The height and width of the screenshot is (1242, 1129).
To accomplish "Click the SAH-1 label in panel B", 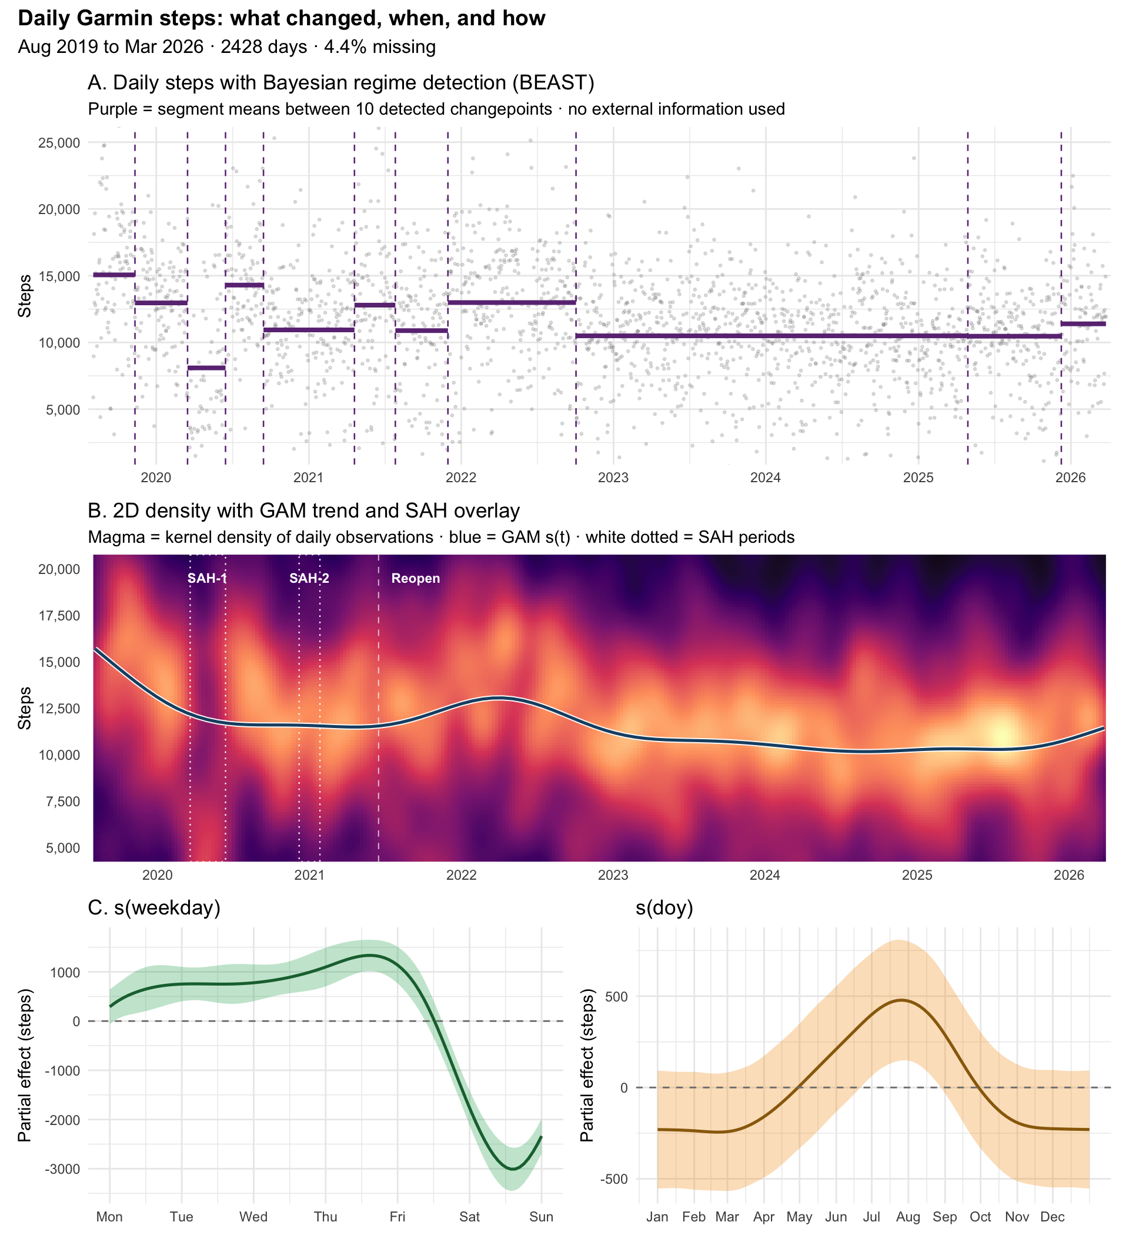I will point(207,579).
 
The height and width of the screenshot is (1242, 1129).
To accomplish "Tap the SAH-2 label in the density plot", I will point(309,579).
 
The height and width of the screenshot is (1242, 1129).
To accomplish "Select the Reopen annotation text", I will point(416,579).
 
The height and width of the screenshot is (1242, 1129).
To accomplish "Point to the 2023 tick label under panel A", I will point(613,478).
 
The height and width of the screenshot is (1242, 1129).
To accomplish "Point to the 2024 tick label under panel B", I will point(765,876).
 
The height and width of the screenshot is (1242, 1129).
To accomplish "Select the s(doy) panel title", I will point(664,907).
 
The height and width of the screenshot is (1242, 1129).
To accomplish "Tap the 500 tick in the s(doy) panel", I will point(617,996).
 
